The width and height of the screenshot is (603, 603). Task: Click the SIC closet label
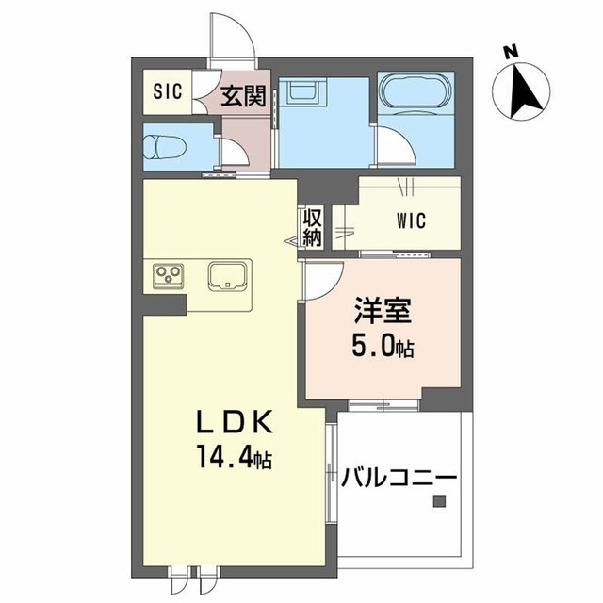[x=167, y=93]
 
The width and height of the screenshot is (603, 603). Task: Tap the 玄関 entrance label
[x=242, y=95]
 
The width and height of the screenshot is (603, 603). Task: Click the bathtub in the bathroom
[x=415, y=94]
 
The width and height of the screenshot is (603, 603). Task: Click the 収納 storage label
[x=312, y=228]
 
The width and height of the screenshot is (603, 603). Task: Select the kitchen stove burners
[x=171, y=276]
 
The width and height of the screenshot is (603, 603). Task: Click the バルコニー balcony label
[x=399, y=477]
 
